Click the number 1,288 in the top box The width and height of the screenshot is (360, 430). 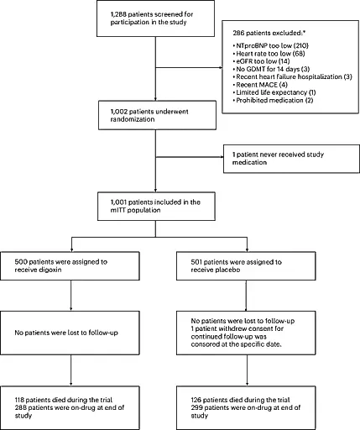click(117, 14)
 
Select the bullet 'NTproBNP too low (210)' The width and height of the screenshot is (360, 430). click(271, 45)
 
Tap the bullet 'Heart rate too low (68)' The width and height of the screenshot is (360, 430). click(269, 54)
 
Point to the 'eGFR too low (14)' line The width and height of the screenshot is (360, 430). click(261, 61)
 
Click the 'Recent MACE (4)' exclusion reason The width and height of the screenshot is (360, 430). click(260, 85)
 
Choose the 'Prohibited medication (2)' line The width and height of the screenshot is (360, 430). click(273, 100)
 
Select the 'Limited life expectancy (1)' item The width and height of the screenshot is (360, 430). click(274, 92)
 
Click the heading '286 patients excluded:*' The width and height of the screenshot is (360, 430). click(269, 33)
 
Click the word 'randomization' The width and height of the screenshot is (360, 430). click(133, 119)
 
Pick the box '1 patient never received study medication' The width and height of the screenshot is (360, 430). click(291, 159)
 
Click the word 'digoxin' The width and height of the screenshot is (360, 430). click(50, 270)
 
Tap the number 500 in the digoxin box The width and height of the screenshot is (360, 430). click(21, 262)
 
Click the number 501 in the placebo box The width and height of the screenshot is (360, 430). click(197, 262)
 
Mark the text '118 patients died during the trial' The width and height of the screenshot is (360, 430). click(64, 400)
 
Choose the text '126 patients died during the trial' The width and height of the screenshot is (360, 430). click(240, 400)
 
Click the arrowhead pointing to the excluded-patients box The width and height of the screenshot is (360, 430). click(221, 67)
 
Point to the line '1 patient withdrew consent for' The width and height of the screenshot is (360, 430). click(237, 328)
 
